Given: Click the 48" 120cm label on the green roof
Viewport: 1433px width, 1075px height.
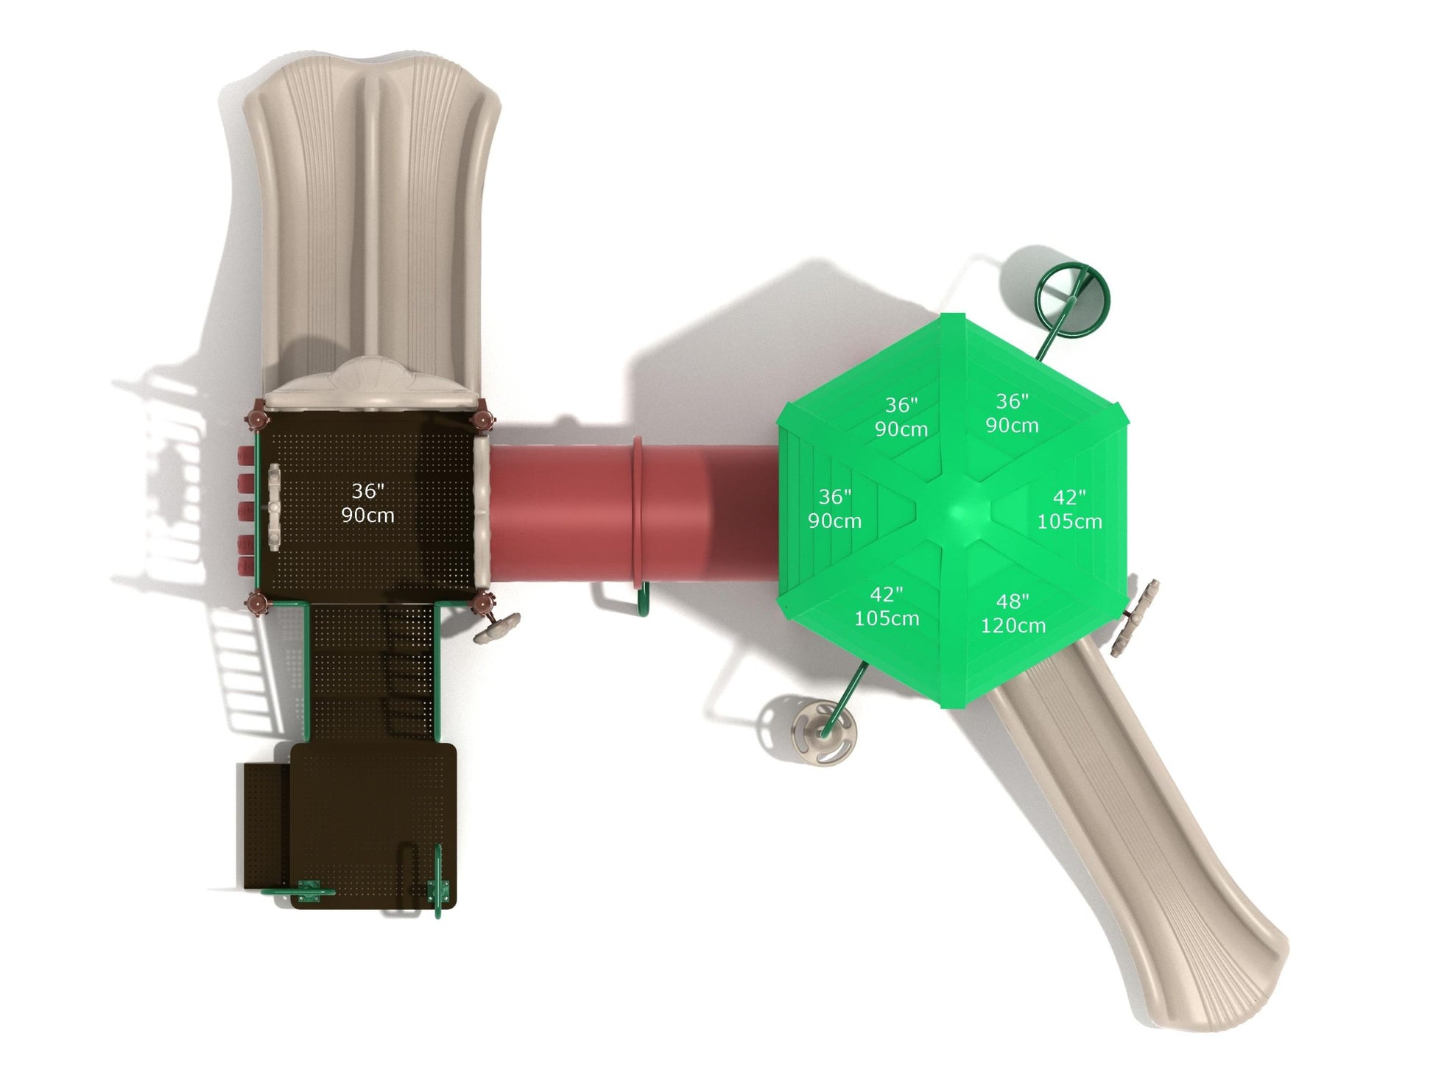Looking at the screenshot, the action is point(1013,613).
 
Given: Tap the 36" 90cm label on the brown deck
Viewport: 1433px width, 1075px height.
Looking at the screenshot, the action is point(367,503).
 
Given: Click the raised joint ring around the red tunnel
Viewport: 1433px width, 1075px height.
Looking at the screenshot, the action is point(638,512).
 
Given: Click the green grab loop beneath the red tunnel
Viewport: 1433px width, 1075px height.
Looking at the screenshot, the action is point(641,600).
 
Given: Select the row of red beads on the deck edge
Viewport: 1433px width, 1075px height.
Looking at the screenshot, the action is point(244,511).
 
